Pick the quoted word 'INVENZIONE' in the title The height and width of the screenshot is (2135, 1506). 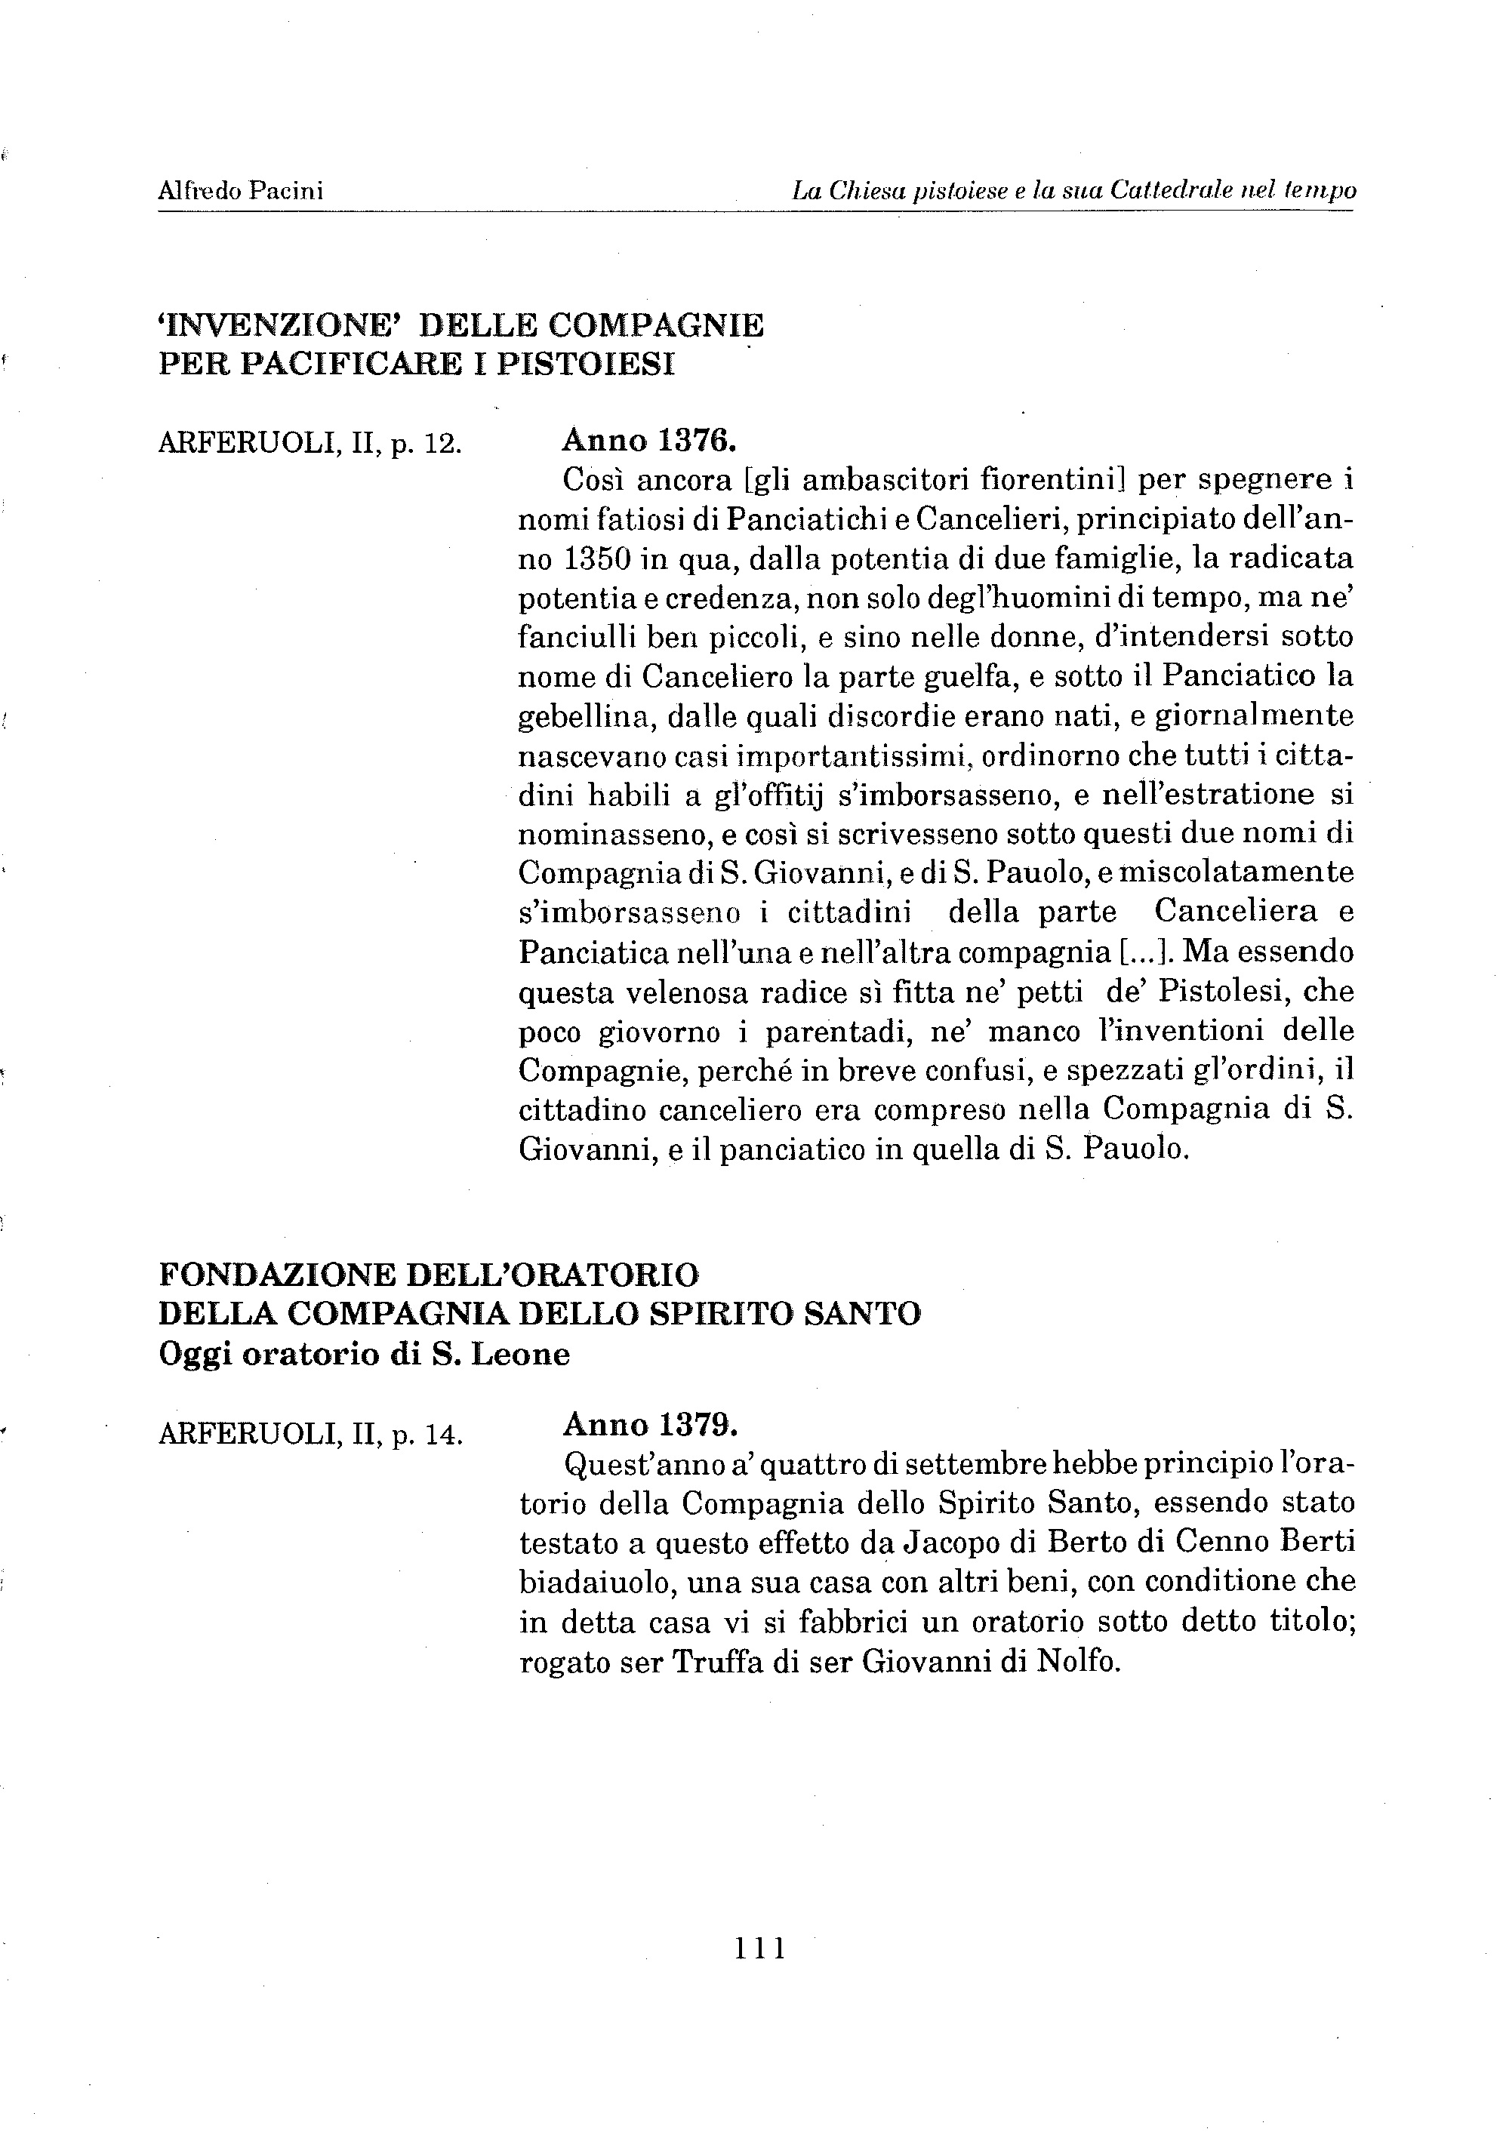(280, 325)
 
